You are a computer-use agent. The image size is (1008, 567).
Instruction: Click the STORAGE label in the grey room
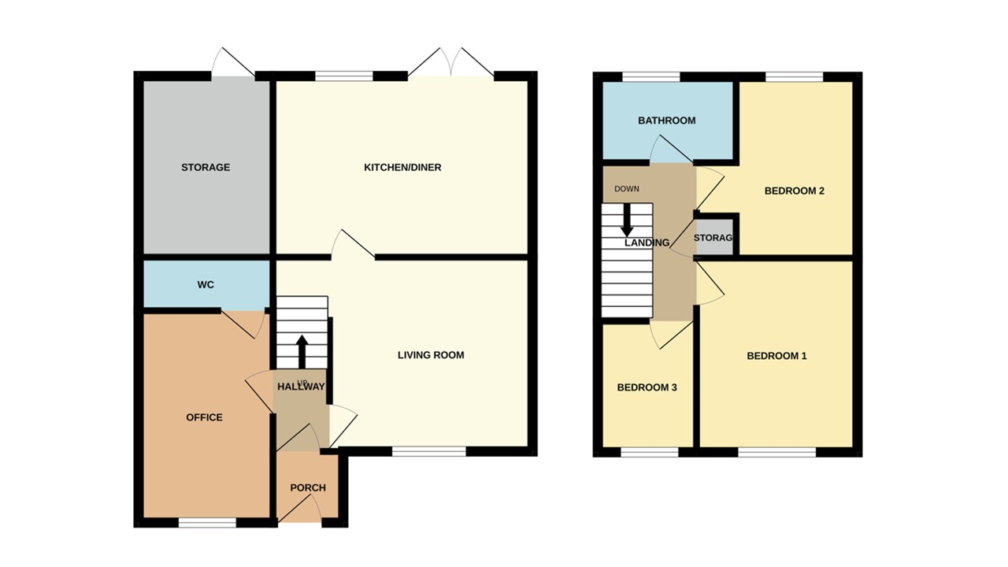[x=206, y=167]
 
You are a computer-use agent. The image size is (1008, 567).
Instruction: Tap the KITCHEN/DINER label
[x=402, y=167]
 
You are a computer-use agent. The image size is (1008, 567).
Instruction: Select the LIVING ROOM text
[x=431, y=355]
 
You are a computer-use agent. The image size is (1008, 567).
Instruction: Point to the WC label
[x=206, y=283]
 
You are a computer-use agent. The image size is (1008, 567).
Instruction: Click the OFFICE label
[x=204, y=417]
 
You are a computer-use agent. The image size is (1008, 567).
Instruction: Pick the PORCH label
[x=308, y=488]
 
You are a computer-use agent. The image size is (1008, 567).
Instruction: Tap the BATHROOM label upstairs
[x=666, y=120]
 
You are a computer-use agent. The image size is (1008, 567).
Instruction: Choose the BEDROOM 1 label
[x=776, y=356]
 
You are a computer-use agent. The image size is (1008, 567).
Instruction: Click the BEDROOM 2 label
[x=794, y=191]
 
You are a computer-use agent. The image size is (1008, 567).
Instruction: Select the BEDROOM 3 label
[x=647, y=387]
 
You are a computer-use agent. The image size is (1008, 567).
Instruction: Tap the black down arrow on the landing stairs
[x=628, y=220]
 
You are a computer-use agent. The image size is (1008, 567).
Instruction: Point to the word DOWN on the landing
[x=627, y=189]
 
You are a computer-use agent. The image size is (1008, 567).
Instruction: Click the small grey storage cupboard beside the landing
[x=714, y=236]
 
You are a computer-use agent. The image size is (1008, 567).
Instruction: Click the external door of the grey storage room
[x=233, y=65]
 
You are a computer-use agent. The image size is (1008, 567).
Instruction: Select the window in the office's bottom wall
[x=207, y=521]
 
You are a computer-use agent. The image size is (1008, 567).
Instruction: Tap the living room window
[x=429, y=451]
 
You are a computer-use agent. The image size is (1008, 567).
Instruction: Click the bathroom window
[x=650, y=76]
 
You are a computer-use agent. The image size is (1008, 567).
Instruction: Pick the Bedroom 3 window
[x=650, y=452]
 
